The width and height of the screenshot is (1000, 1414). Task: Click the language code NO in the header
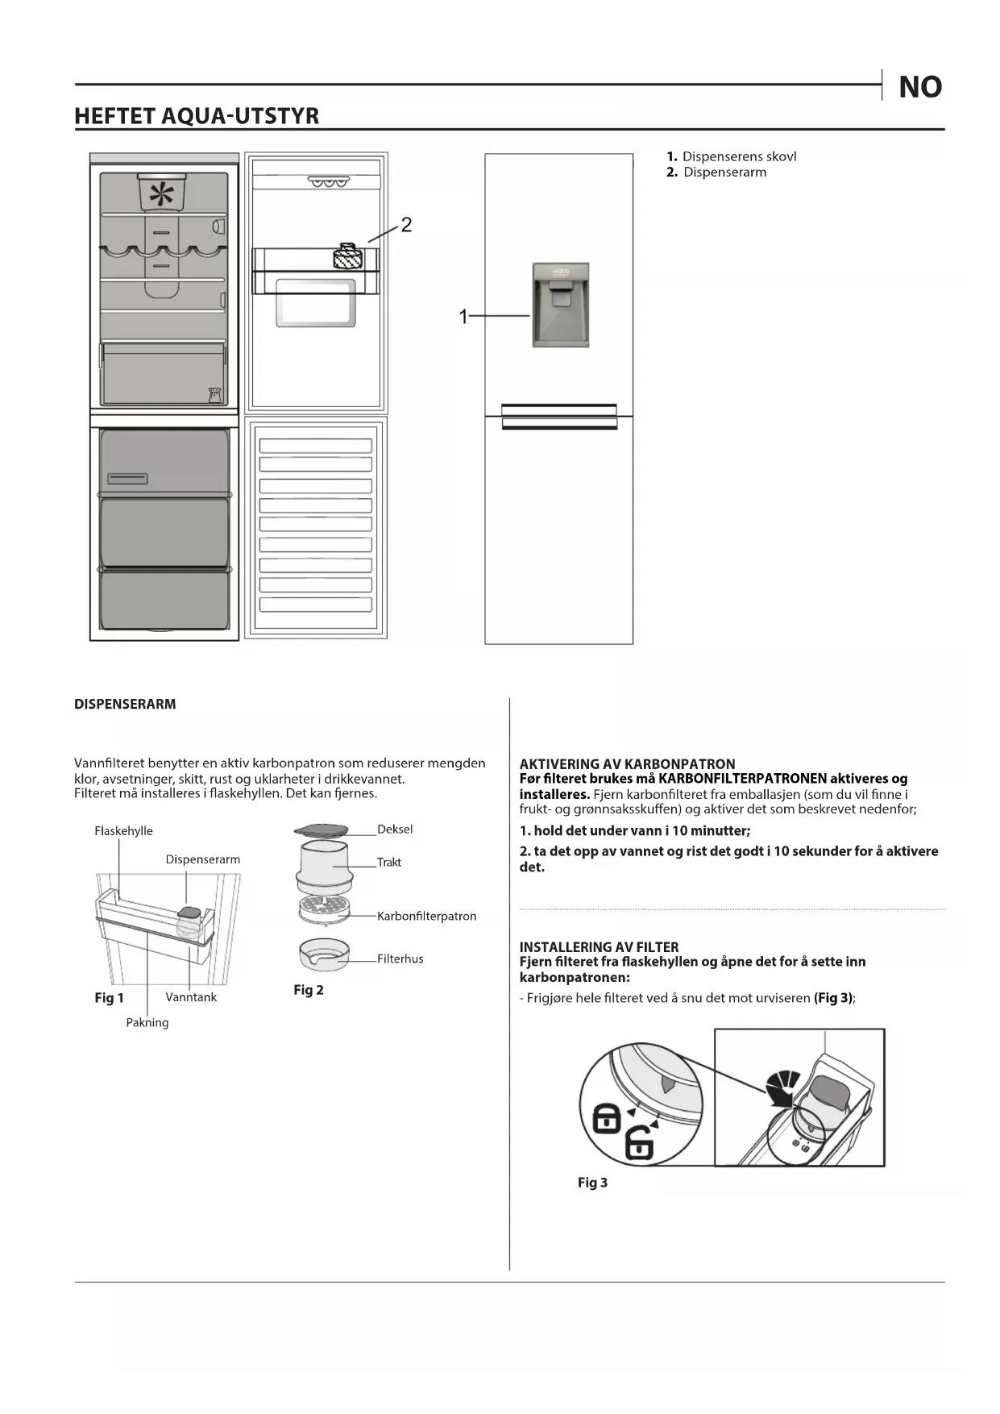point(919,87)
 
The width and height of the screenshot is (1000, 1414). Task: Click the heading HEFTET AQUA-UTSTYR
point(197,116)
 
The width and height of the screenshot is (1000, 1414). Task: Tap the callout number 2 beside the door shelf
point(406,225)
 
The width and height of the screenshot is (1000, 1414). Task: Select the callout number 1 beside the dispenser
point(463,317)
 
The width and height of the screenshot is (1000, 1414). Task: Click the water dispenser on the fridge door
point(561,305)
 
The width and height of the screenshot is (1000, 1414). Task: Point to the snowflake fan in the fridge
point(162,194)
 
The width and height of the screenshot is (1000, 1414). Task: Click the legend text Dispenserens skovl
point(739,156)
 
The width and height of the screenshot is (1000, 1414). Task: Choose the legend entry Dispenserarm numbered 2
point(724,173)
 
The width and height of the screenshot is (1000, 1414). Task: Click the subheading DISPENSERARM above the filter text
point(125,704)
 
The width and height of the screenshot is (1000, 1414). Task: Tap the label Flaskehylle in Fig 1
point(123,831)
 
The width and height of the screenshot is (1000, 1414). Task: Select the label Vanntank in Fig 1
point(191,997)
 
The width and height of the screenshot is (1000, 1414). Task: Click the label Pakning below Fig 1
point(147,1023)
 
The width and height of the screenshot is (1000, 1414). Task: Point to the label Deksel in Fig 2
point(395,830)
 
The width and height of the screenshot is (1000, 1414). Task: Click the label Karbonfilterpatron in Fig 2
point(426,917)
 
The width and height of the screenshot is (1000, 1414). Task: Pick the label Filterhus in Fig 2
point(400,959)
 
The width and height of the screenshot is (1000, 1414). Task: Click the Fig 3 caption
point(592,1183)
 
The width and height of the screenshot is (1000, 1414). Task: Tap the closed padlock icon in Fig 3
point(607,1118)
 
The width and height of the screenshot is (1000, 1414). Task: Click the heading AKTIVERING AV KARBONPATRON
point(627,763)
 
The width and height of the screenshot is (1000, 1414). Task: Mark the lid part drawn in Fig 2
point(321,830)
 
